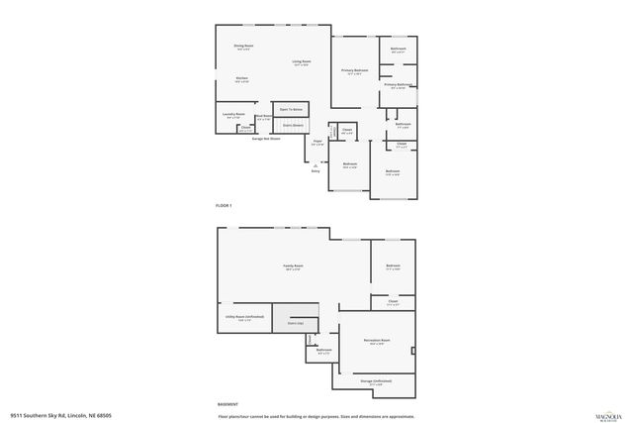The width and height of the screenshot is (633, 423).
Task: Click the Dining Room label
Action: [x=243, y=46]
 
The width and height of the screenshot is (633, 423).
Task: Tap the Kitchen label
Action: [x=241, y=78]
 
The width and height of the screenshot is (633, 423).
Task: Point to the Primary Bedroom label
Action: [x=355, y=70]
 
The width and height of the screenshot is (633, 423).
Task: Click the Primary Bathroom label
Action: [x=398, y=85]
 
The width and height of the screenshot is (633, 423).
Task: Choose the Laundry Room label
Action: [x=233, y=114]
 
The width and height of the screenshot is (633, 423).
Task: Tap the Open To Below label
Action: [x=291, y=109]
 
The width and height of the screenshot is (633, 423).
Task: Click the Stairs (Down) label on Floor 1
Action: [x=293, y=126]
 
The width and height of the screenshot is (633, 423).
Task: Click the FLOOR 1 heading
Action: [x=224, y=205]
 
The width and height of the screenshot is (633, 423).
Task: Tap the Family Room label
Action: [x=293, y=265]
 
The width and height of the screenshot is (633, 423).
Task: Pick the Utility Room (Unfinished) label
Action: [x=238, y=318]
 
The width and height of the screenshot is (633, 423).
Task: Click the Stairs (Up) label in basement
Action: [x=295, y=323]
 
